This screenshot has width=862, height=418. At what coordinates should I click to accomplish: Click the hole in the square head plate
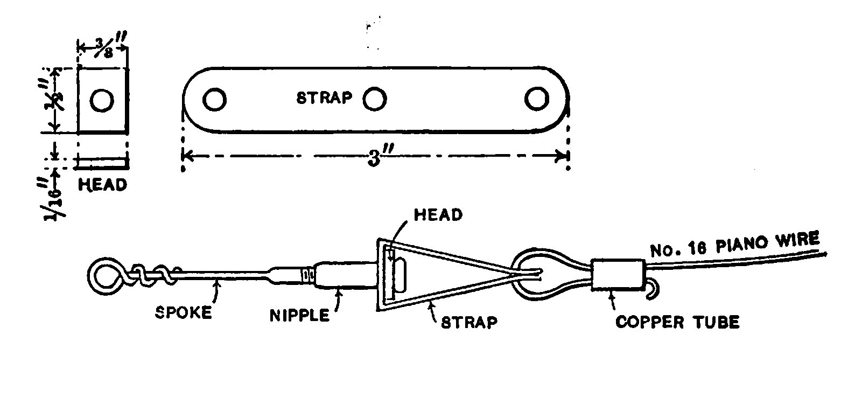coord(102,101)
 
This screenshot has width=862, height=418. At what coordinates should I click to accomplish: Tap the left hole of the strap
coord(214,100)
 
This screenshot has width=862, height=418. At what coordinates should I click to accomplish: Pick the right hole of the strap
coord(536,100)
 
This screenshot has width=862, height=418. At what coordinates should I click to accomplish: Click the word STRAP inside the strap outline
coord(325,98)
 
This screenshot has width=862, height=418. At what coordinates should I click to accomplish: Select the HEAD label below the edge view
coord(103,185)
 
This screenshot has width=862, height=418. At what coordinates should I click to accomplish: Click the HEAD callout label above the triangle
coord(438,215)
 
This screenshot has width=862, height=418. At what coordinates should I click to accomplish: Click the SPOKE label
coord(184,313)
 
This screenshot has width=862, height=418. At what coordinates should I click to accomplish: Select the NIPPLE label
coord(299,315)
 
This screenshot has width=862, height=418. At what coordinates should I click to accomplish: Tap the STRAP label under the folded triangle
coord(469,323)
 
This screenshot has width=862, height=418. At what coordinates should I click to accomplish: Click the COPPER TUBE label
coord(677,322)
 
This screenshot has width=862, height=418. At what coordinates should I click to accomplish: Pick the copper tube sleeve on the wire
coord(618,275)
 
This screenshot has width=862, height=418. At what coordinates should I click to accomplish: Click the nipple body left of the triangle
coord(345,275)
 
